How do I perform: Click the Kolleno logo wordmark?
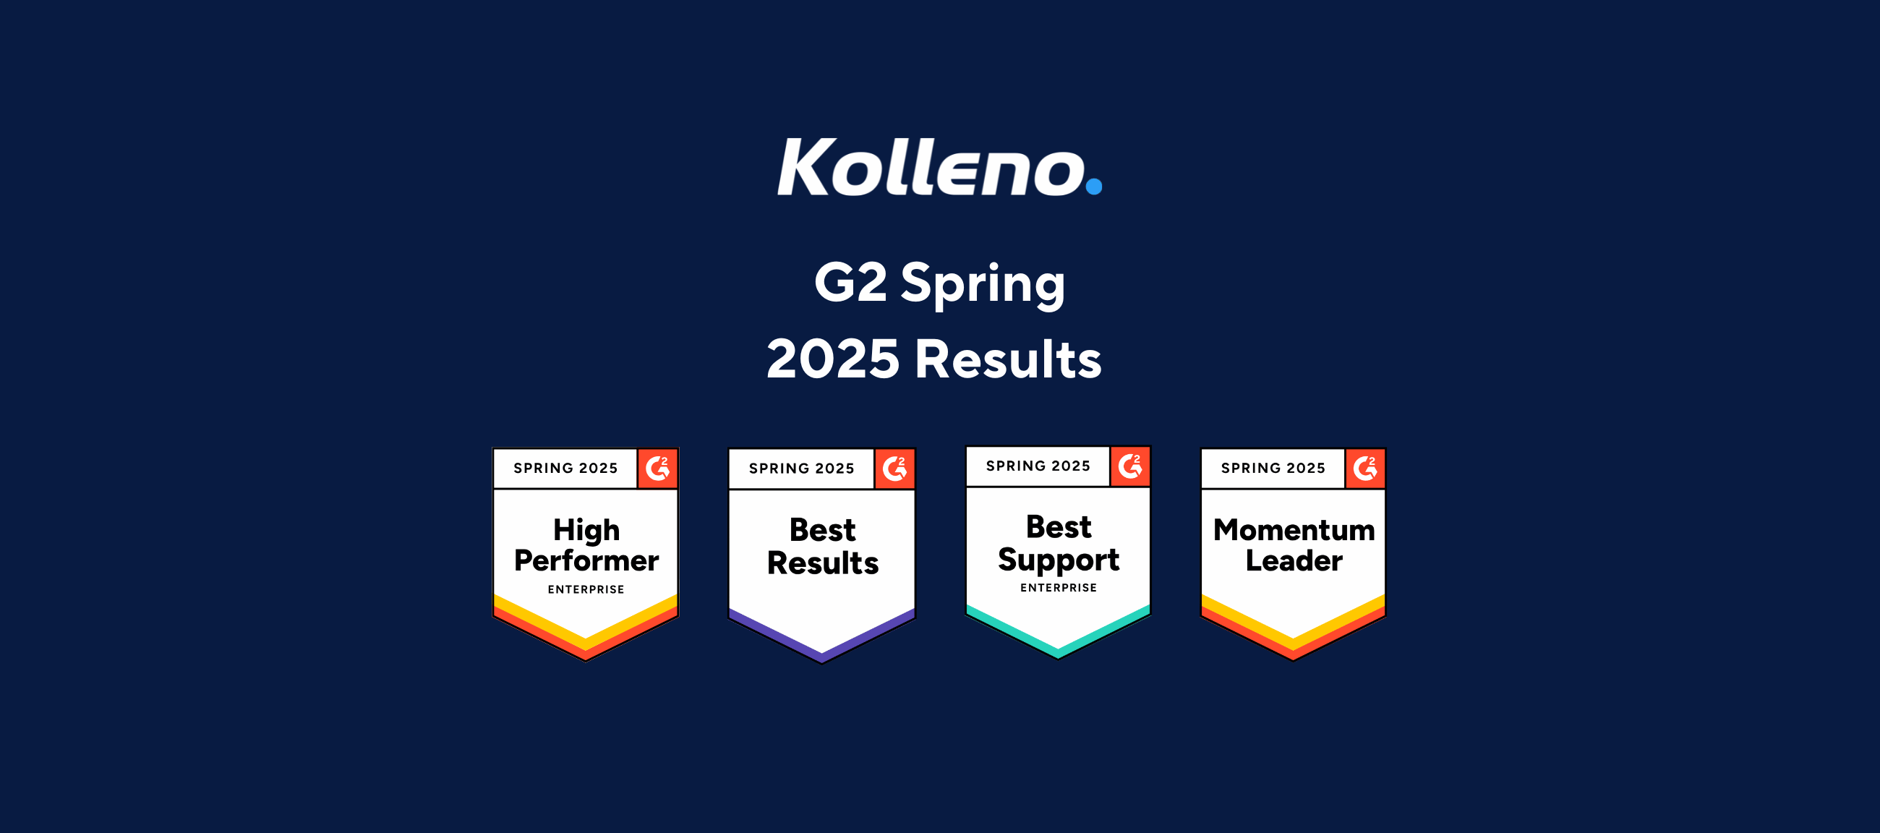(x=931, y=167)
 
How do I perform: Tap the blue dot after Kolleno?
(x=1093, y=186)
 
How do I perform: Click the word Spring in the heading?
(x=983, y=284)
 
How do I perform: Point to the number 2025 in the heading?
(x=833, y=359)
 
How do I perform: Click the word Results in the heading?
(x=1008, y=359)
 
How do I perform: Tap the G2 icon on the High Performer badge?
(x=657, y=468)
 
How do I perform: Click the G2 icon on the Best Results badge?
(x=894, y=469)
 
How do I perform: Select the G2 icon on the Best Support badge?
(x=1129, y=466)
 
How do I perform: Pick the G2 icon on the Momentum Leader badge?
(x=1364, y=468)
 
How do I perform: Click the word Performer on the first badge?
(x=586, y=560)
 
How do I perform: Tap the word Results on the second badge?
(x=823, y=563)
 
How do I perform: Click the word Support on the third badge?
(x=1059, y=560)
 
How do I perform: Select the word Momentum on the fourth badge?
(x=1294, y=530)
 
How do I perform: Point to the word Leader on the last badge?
(x=1294, y=560)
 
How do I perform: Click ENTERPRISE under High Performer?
(x=586, y=589)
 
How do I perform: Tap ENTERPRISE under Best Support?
(x=1059, y=588)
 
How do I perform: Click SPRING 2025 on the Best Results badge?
(x=801, y=469)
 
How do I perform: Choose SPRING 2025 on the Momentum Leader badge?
(x=1273, y=468)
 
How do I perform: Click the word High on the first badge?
(x=586, y=530)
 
